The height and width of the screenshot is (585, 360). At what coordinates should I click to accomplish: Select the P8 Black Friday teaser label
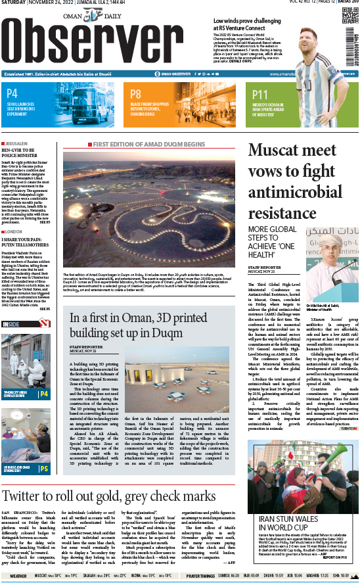click(x=136, y=94)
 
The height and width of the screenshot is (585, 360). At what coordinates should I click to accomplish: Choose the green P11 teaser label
click(x=260, y=94)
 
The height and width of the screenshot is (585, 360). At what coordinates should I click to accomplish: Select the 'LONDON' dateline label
click(x=17, y=231)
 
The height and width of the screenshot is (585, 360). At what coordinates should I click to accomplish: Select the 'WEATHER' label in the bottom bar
click(x=18, y=576)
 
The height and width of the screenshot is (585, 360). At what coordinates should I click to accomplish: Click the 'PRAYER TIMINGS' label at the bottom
click(x=200, y=576)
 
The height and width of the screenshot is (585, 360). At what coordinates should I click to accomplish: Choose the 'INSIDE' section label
click(x=11, y=324)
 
